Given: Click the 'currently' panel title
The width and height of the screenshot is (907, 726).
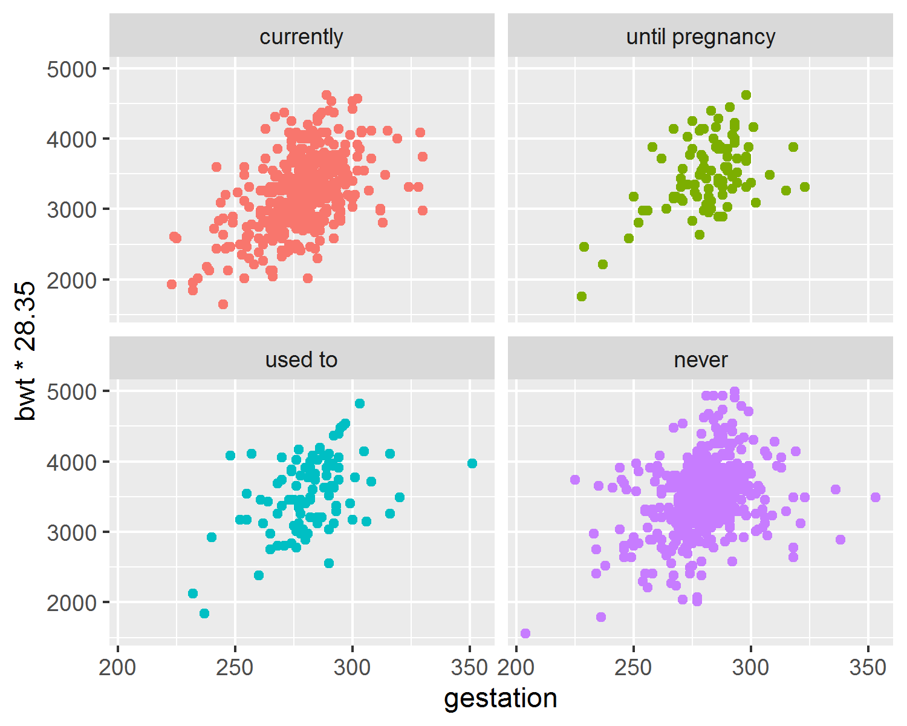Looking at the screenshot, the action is (x=301, y=37).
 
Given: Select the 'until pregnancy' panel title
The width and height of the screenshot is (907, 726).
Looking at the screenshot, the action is (x=700, y=38).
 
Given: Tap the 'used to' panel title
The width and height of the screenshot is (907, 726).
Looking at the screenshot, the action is (x=301, y=360).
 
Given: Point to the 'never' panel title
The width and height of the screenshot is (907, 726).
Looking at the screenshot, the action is (x=700, y=361).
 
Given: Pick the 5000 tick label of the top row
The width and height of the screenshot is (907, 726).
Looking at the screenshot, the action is (x=72, y=69).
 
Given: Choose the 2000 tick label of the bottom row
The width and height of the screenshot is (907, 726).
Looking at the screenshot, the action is (x=72, y=603).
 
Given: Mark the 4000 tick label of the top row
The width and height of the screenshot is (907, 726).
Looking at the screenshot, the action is (x=72, y=140).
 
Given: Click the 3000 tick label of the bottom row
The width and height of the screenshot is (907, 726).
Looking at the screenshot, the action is (x=72, y=533).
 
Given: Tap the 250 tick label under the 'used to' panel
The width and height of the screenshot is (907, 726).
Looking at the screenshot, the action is (x=235, y=668).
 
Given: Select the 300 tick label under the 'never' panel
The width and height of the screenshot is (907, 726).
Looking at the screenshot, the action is (x=750, y=668).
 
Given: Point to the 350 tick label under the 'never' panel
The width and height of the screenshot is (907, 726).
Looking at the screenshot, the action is (x=868, y=668).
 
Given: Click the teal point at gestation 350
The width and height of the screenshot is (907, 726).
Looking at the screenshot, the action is (x=472, y=463).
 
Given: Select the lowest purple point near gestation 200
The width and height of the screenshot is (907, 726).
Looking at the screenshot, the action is (x=525, y=633).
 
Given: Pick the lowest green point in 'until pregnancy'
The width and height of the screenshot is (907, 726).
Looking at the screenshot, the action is (x=582, y=296).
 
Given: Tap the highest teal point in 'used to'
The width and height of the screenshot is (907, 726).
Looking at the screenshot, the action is (x=360, y=404).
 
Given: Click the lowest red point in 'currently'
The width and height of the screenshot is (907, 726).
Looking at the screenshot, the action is (x=223, y=304).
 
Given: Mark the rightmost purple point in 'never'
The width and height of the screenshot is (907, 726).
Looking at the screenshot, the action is (x=876, y=497).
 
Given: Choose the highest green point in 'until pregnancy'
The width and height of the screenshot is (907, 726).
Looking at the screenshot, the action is (x=746, y=95).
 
